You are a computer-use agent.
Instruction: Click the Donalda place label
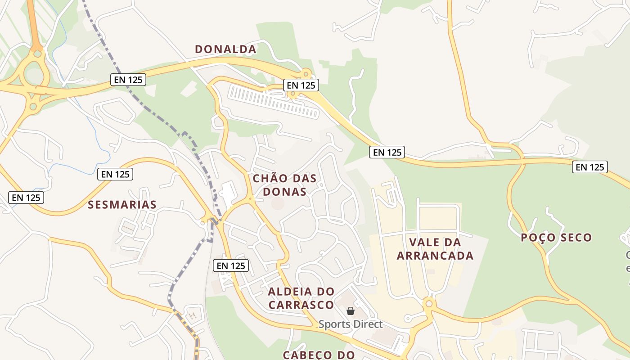[225, 49]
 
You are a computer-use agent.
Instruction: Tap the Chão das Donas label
[284, 185]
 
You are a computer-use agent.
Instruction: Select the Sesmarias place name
[122, 205]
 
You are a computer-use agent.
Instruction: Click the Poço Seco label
[556, 238]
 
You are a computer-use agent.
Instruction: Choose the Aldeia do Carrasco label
[301, 298]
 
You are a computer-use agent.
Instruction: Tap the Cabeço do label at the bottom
[319, 355]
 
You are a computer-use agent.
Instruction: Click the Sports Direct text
[351, 324]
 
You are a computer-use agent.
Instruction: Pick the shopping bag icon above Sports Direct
[351, 311]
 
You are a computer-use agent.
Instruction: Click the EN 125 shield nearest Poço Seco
[590, 167]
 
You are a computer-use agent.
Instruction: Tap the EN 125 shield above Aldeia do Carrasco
[231, 265]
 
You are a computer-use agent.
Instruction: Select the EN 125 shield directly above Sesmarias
[115, 174]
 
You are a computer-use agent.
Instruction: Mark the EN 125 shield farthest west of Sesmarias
[26, 197]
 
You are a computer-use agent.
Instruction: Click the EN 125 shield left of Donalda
[128, 80]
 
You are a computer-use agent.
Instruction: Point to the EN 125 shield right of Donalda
[301, 85]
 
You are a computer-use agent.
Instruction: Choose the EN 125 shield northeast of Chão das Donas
[387, 152]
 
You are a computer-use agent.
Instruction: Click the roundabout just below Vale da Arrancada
[428, 304]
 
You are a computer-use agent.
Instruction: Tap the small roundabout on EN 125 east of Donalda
[306, 73]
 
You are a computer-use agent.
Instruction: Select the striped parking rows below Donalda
[274, 101]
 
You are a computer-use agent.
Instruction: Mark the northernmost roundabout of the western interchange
[37, 54]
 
